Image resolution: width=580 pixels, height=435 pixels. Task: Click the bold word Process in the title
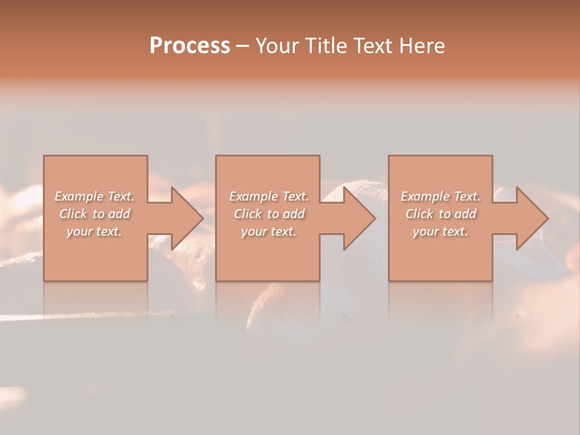point(190,46)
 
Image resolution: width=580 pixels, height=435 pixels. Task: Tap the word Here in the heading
point(422,46)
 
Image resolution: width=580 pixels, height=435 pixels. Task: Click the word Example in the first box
point(79,196)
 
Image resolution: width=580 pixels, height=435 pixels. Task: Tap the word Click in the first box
point(73,214)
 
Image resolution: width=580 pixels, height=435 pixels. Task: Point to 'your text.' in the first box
point(94,231)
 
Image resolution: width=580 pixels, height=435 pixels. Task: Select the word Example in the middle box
point(254,196)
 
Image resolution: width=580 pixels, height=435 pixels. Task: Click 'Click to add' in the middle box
point(269,214)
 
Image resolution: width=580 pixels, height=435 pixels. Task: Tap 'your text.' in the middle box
point(269,231)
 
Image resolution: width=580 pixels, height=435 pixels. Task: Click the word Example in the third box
point(425,196)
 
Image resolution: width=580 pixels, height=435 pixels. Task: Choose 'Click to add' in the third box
point(440,214)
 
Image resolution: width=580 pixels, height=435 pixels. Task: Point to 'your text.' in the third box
point(440,231)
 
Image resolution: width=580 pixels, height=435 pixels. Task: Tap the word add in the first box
point(120,214)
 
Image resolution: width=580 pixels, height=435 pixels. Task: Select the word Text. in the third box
point(467,196)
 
